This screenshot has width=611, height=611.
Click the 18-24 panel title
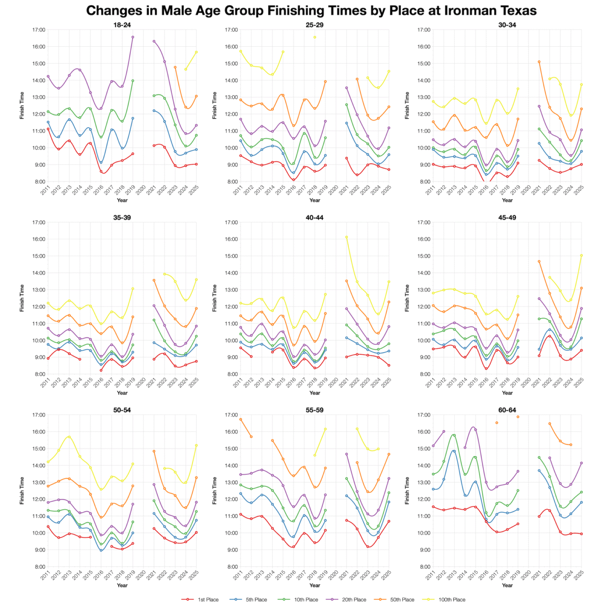click(x=122, y=24)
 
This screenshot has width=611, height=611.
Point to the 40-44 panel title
click(x=315, y=217)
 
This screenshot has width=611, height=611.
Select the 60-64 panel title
click(x=507, y=410)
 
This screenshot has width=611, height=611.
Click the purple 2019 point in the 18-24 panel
click(x=133, y=37)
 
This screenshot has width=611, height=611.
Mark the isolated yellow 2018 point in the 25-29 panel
click(x=315, y=37)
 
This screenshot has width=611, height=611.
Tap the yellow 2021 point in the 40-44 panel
click(x=347, y=237)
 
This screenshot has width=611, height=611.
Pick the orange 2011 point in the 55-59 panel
click(x=240, y=419)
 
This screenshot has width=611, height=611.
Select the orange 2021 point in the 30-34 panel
click(x=539, y=62)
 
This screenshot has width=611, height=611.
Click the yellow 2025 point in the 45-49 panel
click(x=581, y=256)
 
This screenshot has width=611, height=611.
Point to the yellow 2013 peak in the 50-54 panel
click(x=69, y=436)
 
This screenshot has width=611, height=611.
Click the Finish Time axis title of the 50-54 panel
click(x=22, y=490)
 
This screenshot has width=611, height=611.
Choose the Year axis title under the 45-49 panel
click(x=507, y=393)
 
